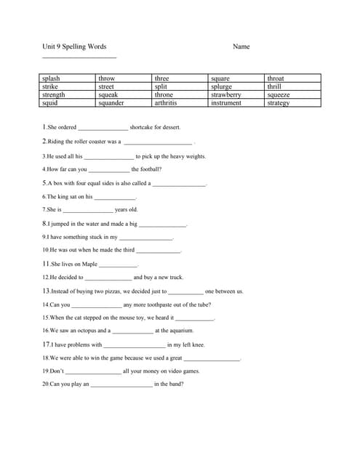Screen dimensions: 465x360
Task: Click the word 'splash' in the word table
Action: click(51, 78)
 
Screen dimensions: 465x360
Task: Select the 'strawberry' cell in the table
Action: click(225, 94)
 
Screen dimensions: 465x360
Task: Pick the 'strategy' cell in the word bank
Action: click(278, 103)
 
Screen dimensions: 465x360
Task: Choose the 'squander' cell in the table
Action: click(111, 103)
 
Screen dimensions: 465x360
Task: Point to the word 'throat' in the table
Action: click(276, 78)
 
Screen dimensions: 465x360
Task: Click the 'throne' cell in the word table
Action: click(164, 94)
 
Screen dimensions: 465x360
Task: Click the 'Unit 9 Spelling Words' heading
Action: click(74, 46)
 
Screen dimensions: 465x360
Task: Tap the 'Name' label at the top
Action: click(241, 46)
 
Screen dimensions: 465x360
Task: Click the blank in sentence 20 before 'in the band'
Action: click(121, 384)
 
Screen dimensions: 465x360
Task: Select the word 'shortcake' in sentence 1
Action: click(144, 127)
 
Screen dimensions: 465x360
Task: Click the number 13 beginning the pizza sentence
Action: click(46, 291)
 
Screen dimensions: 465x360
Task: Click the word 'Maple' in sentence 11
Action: click(89, 264)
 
